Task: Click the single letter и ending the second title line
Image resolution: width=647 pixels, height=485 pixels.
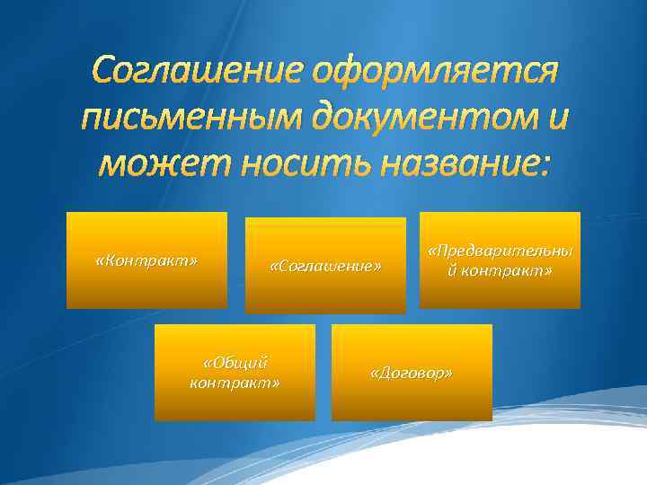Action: [x=556, y=118]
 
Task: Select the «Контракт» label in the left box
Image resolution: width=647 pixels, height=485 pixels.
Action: [x=146, y=260]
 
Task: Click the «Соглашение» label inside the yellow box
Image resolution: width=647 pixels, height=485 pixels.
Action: [x=325, y=267]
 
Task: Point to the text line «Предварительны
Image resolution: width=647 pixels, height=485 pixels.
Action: [x=501, y=251]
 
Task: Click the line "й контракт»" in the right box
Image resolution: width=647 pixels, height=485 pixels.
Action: [x=501, y=269]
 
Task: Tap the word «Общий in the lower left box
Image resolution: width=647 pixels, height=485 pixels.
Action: [x=235, y=364]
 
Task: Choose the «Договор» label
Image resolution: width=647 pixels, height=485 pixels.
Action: [x=412, y=373]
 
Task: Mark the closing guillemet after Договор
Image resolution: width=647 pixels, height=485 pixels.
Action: [x=448, y=373]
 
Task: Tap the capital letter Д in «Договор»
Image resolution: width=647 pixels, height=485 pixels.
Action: [x=384, y=373]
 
